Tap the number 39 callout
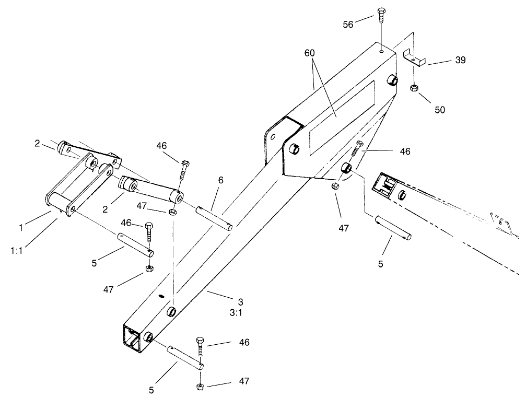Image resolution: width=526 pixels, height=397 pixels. [x=460, y=60]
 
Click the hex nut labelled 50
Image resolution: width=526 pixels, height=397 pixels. [x=414, y=87]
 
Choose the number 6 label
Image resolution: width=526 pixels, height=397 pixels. [x=220, y=180]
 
